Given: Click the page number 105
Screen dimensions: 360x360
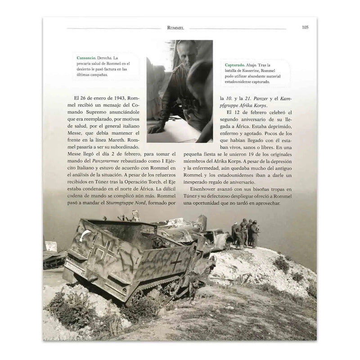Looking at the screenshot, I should [304, 27].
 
